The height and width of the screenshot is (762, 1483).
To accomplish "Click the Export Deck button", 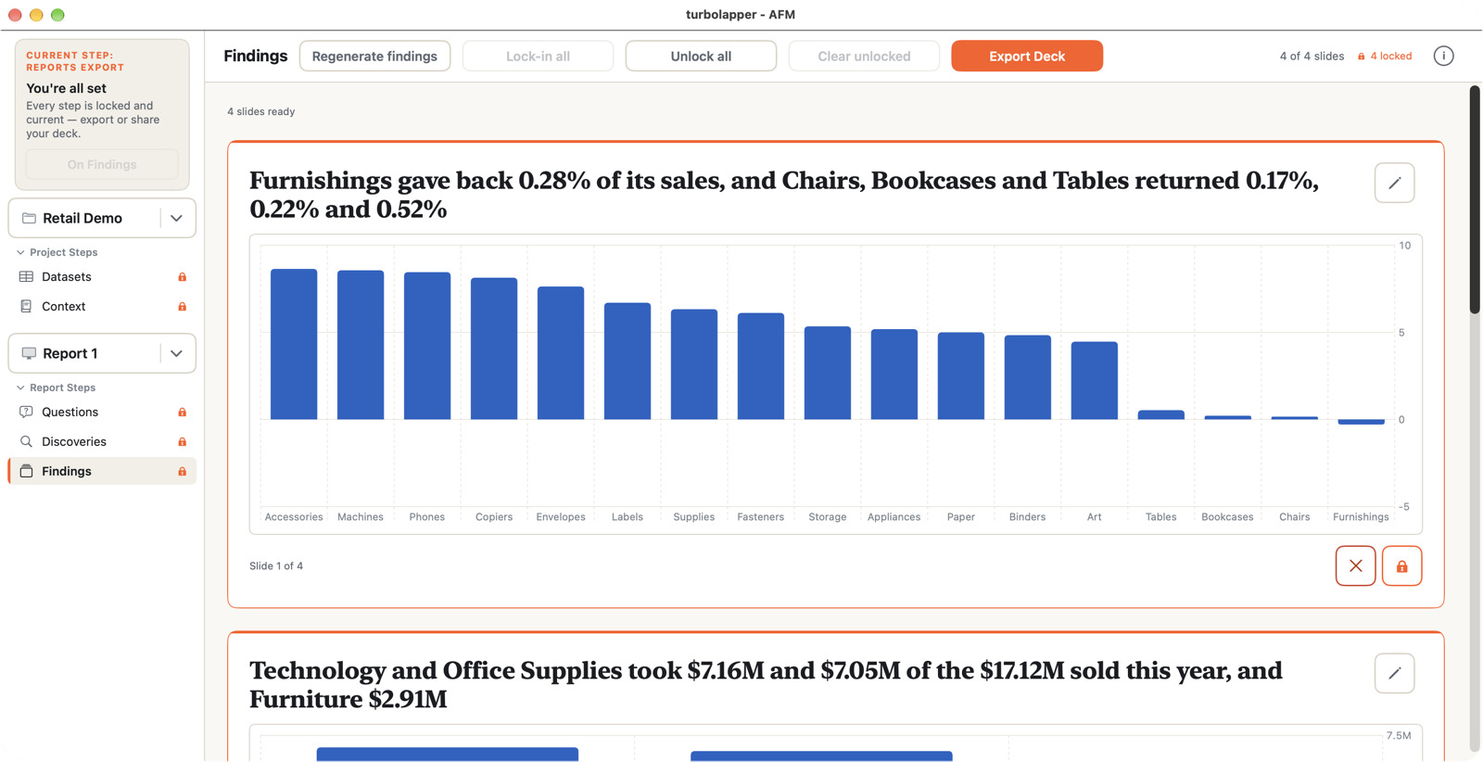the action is pyautogui.click(x=1027, y=57).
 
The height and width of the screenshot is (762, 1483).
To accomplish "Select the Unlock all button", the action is pyautogui.click(x=701, y=57).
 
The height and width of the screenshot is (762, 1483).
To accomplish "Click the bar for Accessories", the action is pyautogui.click(x=294, y=344).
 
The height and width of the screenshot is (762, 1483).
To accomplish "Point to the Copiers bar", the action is pyautogui.click(x=494, y=349).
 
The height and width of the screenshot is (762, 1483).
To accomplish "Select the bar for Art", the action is pyautogui.click(x=1095, y=381).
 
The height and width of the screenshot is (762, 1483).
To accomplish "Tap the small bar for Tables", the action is pyautogui.click(x=1161, y=415).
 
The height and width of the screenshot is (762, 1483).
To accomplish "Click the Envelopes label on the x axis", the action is pyautogui.click(x=561, y=517).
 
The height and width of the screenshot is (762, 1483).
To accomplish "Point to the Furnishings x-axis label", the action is pyautogui.click(x=1361, y=517).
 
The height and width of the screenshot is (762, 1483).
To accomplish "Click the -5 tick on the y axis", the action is pyautogui.click(x=1403, y=506).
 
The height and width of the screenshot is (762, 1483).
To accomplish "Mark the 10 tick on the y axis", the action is pyautogui.click(x=1404, y=246).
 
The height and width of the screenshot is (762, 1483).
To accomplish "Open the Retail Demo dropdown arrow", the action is pyautogui.click(x=176, y=219).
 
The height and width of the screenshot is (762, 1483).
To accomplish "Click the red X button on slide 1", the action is pyautogui.click(x=1355, y=566).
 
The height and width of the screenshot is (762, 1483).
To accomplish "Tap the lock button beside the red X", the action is pyautogui.click(x=1401, y=566).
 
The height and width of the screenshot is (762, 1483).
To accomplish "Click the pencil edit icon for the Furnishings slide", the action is pyautogui.click(x=1394, y=183).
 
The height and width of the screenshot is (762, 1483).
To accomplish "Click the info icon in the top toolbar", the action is pyautogui.click(x=1443, y=57).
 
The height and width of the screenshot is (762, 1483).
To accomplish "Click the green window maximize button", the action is pyautogui.click(x=57, y=15).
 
